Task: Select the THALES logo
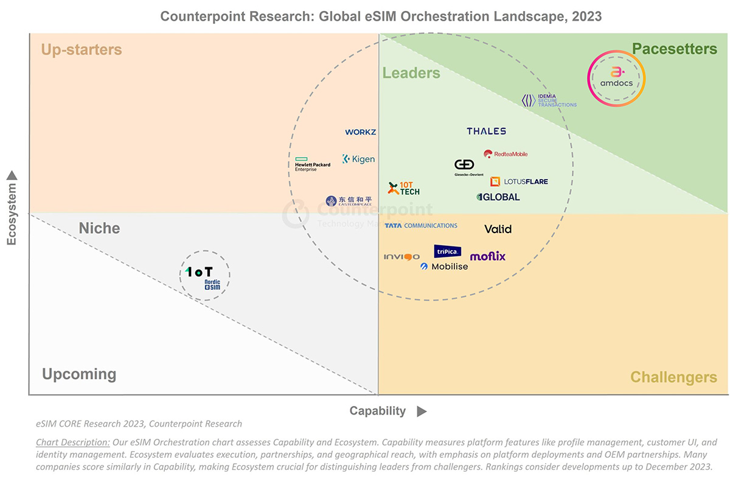click(486, 131)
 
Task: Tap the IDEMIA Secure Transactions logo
click(549, 100)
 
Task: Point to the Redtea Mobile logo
click(506, 154)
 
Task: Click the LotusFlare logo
click(519, 181)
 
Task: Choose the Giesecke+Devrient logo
click(468, 167)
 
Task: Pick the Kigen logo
click(358, 159)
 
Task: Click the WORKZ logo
click(361, 132)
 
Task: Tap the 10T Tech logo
click(404, 189)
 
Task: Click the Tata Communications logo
click(421, 226)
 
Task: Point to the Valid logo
click(498, 229)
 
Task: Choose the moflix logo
click(488, 256)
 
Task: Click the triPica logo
click(448, 251)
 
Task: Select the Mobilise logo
click(444, 267)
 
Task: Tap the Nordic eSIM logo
click(212, 285)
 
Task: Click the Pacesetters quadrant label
click(675, 49)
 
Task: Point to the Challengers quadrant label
click(673, 377)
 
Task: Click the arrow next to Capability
click(422, 411)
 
